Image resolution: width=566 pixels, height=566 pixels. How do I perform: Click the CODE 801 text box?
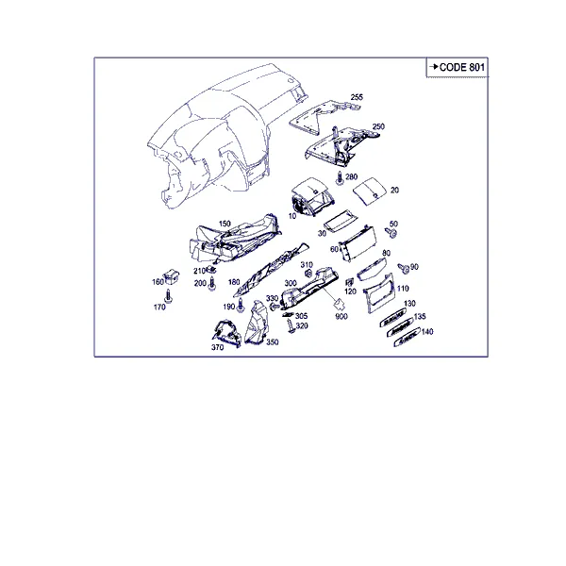click(458, 67)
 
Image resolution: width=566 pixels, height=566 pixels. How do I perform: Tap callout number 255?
click(357, 97)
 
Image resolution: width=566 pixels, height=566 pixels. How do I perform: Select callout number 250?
click(378, 126)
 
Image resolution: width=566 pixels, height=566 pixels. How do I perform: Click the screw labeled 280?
click(340, 178)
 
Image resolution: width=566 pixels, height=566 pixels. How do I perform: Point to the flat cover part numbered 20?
click(370, 191)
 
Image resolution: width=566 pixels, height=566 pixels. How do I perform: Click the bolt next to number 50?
click(391, 232)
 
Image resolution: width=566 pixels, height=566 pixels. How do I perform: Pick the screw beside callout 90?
click(404, 268)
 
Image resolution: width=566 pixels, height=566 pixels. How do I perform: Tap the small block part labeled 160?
click(172, 276)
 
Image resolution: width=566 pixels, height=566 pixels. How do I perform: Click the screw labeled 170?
click(168, 296)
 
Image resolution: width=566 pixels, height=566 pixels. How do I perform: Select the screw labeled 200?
click(212, 284)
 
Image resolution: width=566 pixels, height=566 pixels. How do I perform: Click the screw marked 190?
click(241, 306)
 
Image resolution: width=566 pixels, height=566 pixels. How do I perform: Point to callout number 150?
click(225, 224)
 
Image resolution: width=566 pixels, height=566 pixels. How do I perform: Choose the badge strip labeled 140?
click(407, 337)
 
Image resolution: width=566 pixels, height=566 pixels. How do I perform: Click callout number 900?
click(341, 317)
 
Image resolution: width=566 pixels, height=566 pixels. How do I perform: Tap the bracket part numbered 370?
click(227, 333)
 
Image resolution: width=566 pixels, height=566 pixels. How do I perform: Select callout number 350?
click(273, 341)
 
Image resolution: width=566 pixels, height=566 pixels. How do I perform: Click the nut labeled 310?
click(308, 274)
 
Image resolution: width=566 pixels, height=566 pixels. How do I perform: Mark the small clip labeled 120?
click(349, 283)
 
